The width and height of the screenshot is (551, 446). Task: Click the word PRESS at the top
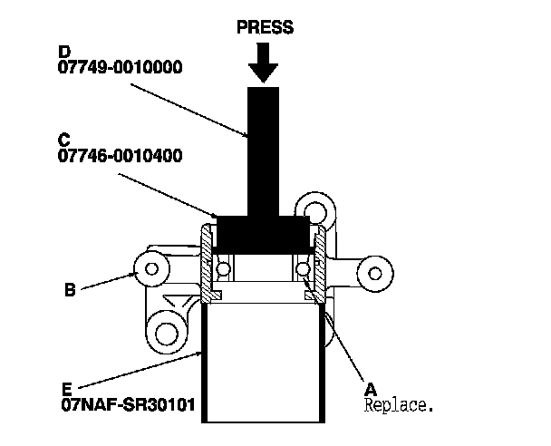[265, 27]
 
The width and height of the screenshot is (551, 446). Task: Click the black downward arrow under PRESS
[265, 63]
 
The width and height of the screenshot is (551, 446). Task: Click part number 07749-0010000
[120, 67]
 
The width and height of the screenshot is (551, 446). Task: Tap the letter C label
[63, 140]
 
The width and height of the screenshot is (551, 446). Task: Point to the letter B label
[70, 291]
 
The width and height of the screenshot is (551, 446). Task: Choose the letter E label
[68, 384]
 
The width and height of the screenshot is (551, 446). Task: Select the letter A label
[370, 384]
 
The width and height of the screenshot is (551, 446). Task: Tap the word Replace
[398, 404]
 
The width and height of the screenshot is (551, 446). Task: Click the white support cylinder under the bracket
[264, 363]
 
